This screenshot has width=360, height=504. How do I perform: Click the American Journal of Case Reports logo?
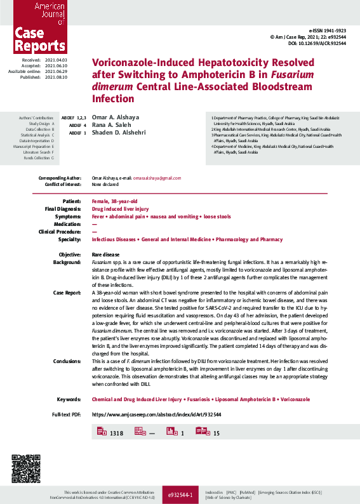pos(33,27)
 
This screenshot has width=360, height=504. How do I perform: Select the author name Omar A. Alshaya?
pos(115,117)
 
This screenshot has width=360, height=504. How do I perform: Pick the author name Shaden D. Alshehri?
pos(117,133)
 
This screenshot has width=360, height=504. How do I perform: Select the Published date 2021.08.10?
pos(56,77)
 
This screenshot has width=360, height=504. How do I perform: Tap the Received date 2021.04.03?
pos(56,59)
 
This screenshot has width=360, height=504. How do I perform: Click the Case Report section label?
pos(67,293)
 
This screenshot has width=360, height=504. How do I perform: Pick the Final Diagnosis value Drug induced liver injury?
pos(120,208)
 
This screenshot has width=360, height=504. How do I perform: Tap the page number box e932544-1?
pos(183,494)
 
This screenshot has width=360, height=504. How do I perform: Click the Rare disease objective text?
pos(107,254)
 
